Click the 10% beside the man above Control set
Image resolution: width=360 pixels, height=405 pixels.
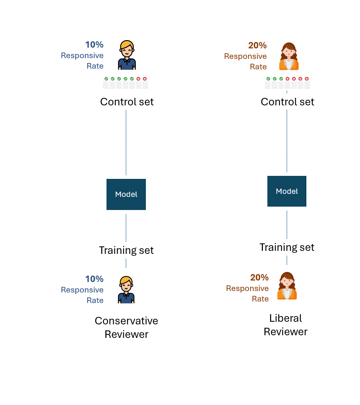94,45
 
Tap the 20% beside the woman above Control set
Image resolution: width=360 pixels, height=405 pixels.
258,45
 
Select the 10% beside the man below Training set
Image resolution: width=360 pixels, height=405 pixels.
94,279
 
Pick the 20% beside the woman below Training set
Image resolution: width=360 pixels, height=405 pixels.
259,277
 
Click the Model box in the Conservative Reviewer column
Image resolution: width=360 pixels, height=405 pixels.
126,194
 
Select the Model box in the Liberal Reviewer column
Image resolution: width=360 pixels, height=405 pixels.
286,191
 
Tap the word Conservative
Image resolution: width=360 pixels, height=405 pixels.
126,321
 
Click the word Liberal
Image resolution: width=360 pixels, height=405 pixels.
286,318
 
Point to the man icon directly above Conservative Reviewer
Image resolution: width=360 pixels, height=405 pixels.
126,289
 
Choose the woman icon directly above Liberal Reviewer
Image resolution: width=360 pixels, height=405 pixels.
287,286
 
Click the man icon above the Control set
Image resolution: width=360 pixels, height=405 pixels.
127,55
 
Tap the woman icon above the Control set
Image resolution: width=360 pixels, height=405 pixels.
289,56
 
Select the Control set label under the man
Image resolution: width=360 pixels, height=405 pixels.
127,102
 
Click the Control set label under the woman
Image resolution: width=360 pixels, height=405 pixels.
287,102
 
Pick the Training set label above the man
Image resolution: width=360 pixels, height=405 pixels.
126,250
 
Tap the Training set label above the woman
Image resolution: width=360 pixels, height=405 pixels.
287,247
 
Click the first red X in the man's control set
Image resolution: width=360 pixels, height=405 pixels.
138,79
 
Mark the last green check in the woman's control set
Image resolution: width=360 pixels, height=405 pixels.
281,79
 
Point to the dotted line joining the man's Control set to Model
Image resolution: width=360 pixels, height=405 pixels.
126,142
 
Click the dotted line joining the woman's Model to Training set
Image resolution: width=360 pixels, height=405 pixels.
286,225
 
